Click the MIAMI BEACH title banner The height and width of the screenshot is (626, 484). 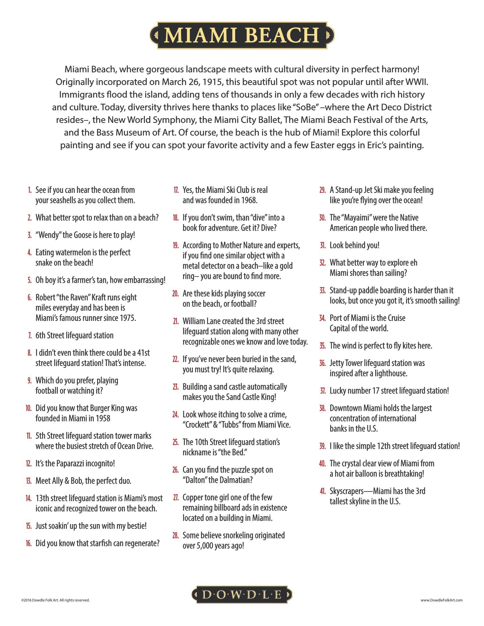[242, 35]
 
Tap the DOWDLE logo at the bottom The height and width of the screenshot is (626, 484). [242, 595]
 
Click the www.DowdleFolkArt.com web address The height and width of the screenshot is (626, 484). [442, 600]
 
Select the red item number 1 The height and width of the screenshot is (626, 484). [30, 190]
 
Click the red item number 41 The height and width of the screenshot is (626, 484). [323, 491]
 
